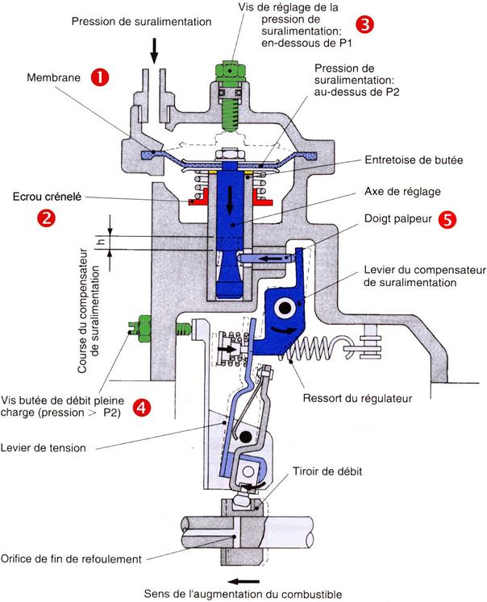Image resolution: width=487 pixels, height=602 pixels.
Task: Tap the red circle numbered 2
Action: coord(48,218)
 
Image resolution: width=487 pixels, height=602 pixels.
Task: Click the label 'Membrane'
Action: coord(53,79)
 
